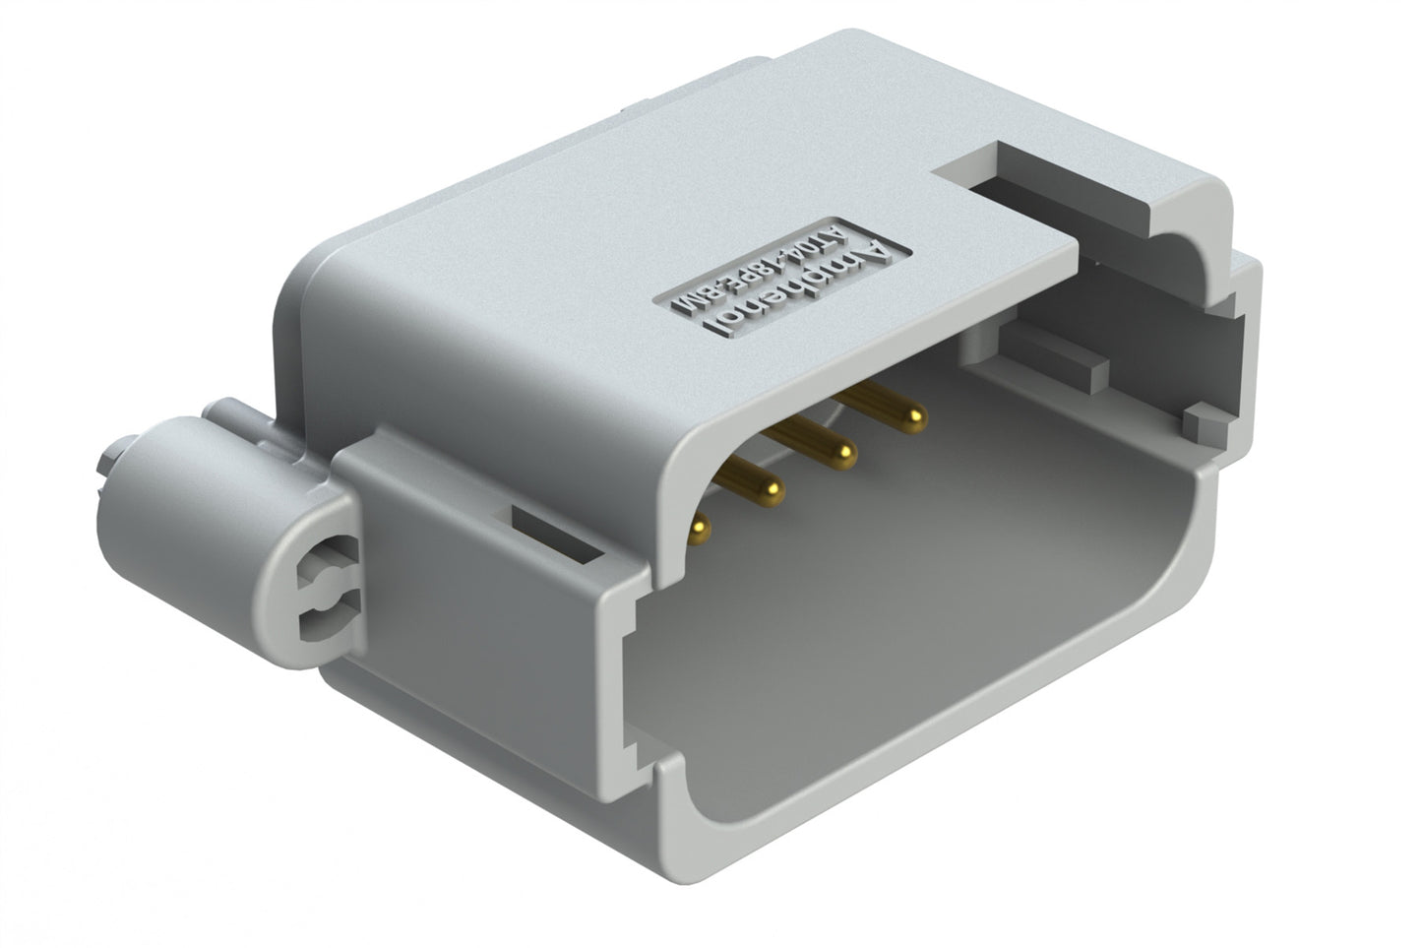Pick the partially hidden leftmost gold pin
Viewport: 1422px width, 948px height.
coord(699,530)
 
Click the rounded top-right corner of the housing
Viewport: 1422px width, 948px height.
coord(1206,197)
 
